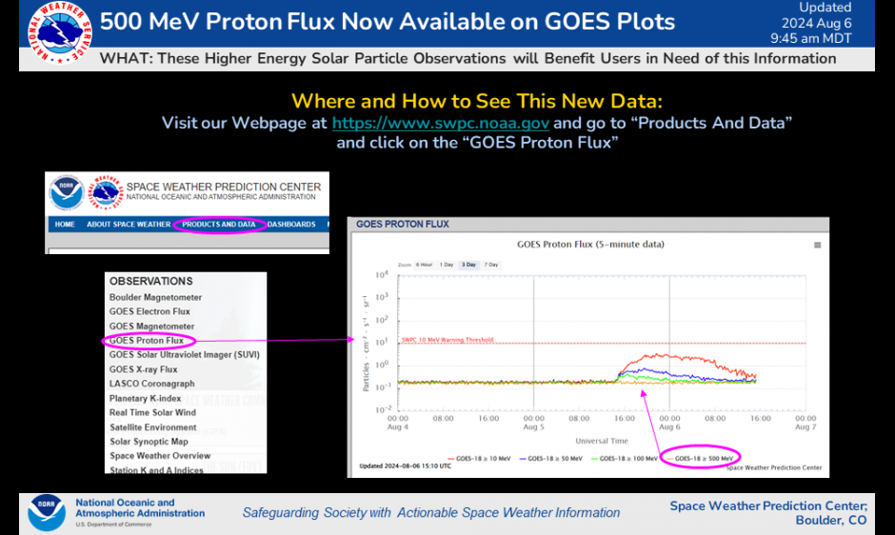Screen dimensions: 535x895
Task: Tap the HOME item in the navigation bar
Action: point(65,225)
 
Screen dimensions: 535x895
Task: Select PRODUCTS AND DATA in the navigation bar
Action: point(219,225)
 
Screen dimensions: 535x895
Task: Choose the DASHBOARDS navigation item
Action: point(291,225)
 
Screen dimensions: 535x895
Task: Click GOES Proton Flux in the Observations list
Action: point(147,340)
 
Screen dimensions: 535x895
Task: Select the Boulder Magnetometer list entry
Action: point(155,297)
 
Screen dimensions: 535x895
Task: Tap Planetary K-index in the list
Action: point(145,398)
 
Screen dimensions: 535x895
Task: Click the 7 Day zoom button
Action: point(491,264)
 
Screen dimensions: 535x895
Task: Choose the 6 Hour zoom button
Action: point(424,264)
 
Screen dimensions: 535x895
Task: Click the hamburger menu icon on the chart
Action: point(817,246)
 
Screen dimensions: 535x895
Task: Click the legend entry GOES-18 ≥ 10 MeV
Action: point(483,458)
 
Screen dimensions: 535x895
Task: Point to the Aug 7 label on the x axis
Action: point(805,426)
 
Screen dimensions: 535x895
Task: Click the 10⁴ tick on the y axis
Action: point(382,276)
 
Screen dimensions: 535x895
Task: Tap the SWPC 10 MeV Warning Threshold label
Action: point(447,339)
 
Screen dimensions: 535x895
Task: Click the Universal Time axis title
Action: point(601,441)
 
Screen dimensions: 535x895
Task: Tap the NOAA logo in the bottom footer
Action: point(47,511)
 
